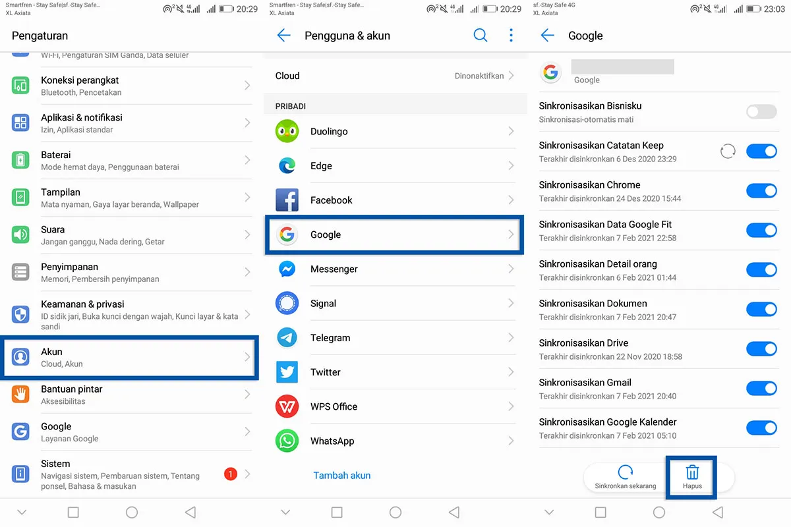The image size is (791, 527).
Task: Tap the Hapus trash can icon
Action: click(x=692, y=472)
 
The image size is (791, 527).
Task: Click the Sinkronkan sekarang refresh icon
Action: click(x=625, y=472)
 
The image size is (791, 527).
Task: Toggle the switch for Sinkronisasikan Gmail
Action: click(x=761, y=389)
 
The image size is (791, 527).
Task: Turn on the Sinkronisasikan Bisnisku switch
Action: click(x=761, y=112)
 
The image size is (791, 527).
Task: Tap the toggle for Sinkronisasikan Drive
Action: click(x=761, y=349)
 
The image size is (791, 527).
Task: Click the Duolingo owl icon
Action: click(x=287, y=131)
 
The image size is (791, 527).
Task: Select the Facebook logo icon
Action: click(x=287, y=200)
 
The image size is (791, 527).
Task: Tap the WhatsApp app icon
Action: click(x=287, y=441)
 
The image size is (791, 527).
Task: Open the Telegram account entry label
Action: click(x=330, y=338)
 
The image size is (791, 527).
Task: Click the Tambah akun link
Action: click(x=341, y=475)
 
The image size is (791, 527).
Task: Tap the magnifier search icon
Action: click(x=481, y=36)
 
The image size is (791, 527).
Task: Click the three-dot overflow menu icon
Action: click(x=511, y=36)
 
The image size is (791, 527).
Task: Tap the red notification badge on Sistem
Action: click(x=230, y=474)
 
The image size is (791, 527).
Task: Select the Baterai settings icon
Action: click(x=20, y=160)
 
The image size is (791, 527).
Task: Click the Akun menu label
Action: click(x=51, y=352)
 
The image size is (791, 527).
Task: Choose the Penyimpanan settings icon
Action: click(x=20, y=271)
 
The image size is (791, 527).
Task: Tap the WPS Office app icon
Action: click(x=287, y=406)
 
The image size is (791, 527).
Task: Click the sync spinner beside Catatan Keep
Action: click(x=728, y=152)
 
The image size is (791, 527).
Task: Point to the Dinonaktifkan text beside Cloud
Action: click(x=479, y=76)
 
